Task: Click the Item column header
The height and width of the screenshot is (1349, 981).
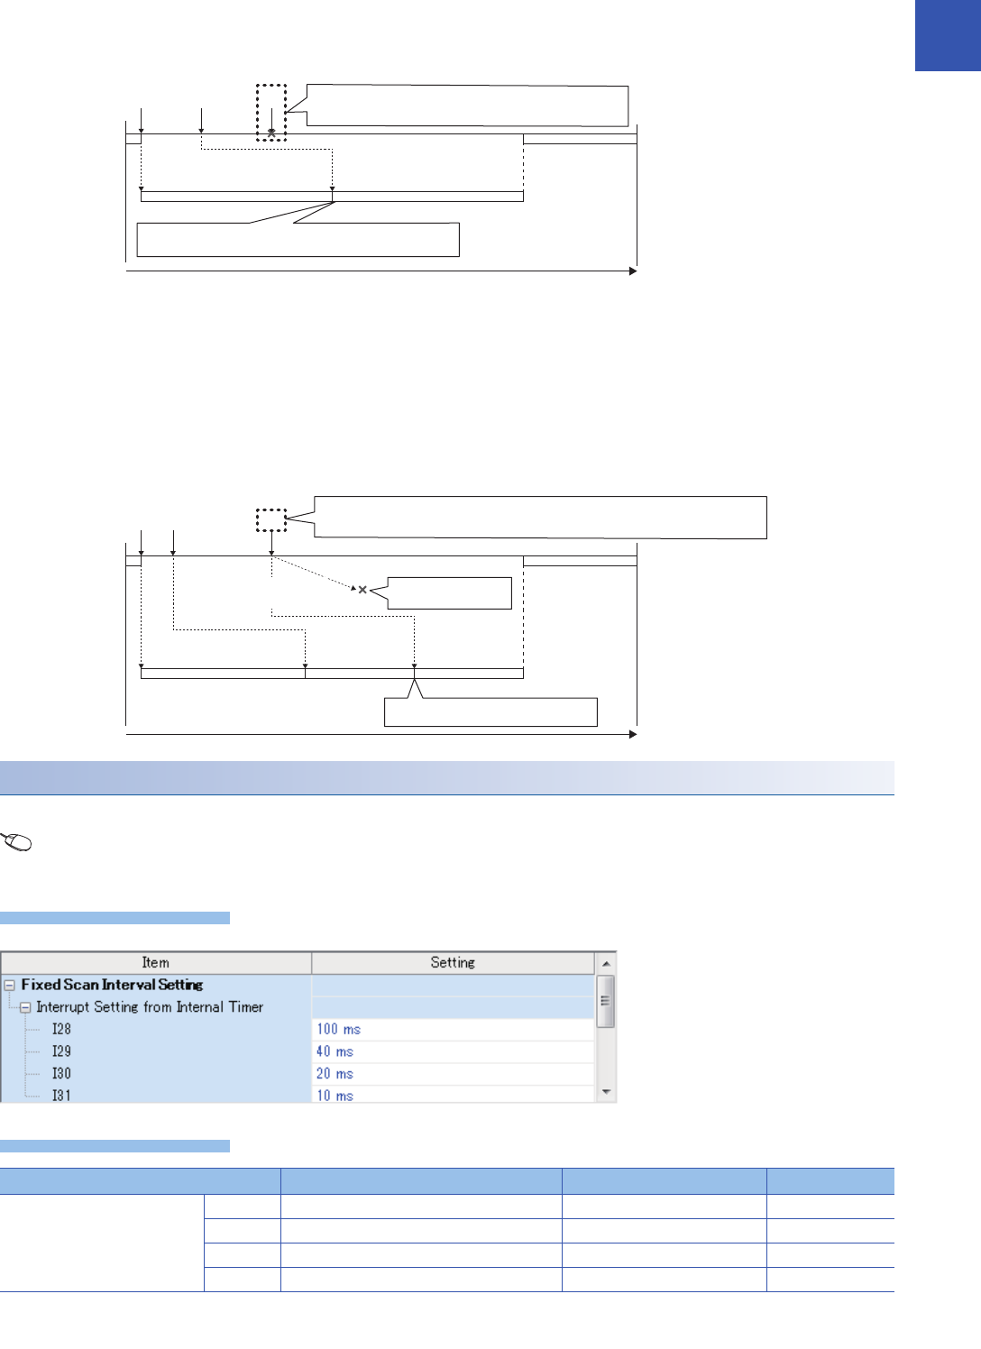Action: click(x=155, y=963)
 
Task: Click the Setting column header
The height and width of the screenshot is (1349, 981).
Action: click(x=453, y=963)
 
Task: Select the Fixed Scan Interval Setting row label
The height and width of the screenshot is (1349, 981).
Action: click(x=112, y=985)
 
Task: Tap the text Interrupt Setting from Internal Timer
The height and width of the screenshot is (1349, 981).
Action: click(x=150, y=1007)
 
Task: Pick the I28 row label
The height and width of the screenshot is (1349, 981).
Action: click(x=61, y=1029)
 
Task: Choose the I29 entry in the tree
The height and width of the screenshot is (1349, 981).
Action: click(x=61, y=1051)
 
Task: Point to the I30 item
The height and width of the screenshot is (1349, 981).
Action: click(x=61, y=1073)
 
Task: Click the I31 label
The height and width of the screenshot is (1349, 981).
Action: click(x=61, y=1095)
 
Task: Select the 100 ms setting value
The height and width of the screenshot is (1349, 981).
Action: click(x=338, y=1029)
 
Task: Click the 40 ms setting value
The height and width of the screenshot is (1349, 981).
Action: click(x=335, y=1051)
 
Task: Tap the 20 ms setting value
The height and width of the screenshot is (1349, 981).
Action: click(x=335, y=1073)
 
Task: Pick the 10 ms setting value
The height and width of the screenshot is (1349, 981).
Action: click(x=335, y=1095)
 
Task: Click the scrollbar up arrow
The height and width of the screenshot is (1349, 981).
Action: click(x=606, y=964)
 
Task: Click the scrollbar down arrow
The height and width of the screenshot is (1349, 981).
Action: click(x=606, y=1092)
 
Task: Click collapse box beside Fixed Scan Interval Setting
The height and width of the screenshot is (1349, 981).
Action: click(x=10, y=986)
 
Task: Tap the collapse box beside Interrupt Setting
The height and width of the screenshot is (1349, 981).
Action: click(x=25, y=1008)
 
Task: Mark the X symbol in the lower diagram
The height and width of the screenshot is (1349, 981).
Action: click(x=362, y=590)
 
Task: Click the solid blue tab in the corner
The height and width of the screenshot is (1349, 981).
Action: click(x=948, y=35)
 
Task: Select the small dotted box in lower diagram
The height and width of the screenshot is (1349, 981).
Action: click(x=270, y=520)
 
